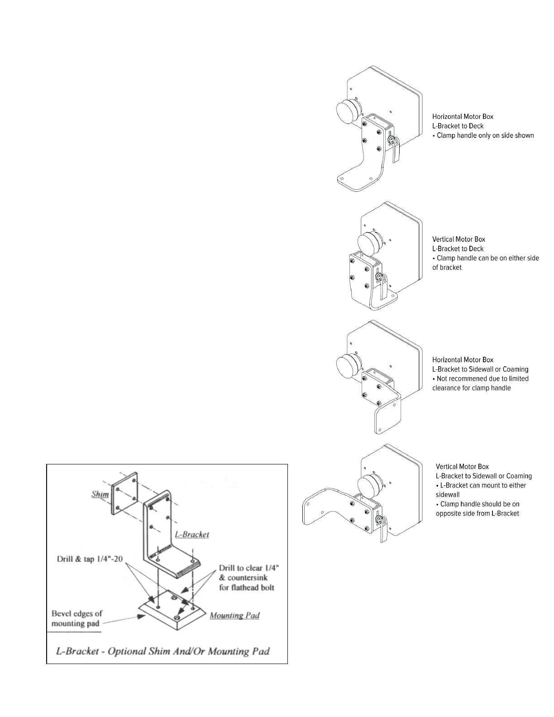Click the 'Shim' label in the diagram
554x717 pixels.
pyautogui.click(x=100, y=494)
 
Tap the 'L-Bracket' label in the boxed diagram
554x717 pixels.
pyautogui.click(x=192, y=534)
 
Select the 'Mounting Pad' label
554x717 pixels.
pyautogui.click(x=234, y=616)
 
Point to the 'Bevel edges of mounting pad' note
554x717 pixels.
pyautogui.click(x=76, y=618)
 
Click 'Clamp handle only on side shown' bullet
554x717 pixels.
pyautogui.click(x=483, y=135)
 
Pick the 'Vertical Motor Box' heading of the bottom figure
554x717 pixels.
pyautogui.click(x=462, y=466)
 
